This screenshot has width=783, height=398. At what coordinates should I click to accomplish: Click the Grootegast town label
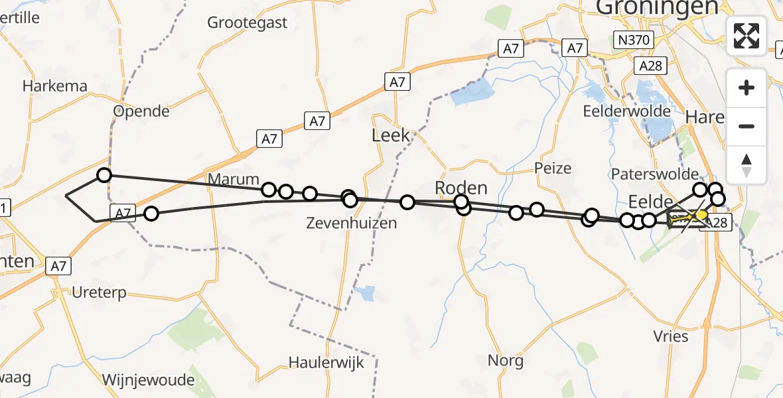pos(248,23)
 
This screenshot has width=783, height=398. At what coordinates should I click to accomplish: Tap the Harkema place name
pos(55,86)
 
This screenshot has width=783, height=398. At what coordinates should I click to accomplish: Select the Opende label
pos(141,111)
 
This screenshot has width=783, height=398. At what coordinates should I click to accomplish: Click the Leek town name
pos(391,136)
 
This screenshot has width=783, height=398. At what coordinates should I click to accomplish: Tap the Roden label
pos(461,187)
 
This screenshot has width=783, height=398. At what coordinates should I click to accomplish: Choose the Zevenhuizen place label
pos(352,223)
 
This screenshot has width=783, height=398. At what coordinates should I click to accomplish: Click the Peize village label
pos(553,168)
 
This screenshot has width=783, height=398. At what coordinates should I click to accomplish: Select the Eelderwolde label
pos(626,111)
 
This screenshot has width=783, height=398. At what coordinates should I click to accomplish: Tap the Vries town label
pos(671,336)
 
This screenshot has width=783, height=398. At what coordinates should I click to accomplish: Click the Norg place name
pos(506,361)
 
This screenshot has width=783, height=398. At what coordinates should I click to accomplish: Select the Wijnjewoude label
pos(149,380)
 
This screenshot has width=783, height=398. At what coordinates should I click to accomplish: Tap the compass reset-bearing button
pos(747,165)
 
